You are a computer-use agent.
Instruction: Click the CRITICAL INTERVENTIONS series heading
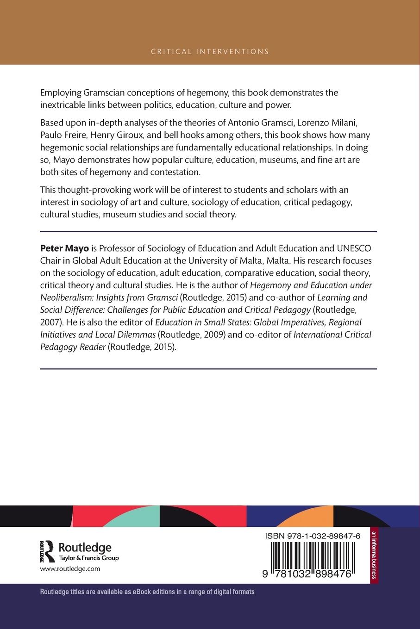coord(210,51)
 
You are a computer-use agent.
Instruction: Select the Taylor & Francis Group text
coord(89,558)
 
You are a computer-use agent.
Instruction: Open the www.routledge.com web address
coord(70,569)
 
